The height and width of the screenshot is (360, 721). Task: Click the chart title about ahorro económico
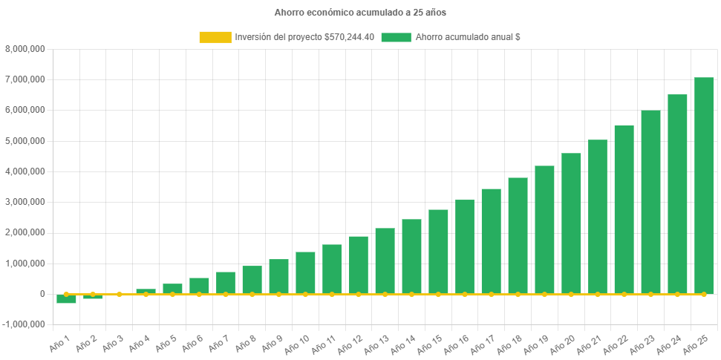[x=360, y=13]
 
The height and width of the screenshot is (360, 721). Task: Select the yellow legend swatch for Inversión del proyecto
[x=215, y=37]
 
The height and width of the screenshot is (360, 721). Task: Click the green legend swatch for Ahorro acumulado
[x=395, y=37]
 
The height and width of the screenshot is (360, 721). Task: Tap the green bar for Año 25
[x=703, y=186]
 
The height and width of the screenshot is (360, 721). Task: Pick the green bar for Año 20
[x=571, y=223]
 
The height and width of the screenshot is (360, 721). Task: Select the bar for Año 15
[x=438, y=252]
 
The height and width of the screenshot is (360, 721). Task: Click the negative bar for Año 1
[x=67, y=299]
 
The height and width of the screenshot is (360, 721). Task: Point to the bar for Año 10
[x=305, y=272]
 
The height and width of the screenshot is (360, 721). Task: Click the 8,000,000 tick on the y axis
[x=26, y=49]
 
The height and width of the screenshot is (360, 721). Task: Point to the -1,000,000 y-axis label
[x=25, y=324]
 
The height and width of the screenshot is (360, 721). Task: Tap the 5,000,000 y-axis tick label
[x=26, y=140]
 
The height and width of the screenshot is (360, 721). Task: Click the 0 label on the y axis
[x=42, y=294]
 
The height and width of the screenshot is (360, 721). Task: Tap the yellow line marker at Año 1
[x=66, y=294]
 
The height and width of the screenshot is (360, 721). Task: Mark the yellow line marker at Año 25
[x=703, y=295]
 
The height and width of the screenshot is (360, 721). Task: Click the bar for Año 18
[x=518, y=236]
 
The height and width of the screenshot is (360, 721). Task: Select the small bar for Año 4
[x=146, y=291]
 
